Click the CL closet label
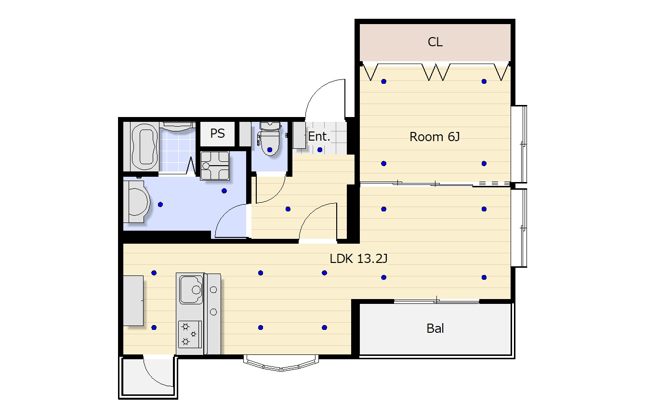coord(435,42)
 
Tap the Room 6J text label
coord(434,137)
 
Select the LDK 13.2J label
coord(358,259)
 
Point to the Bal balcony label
coord(435,328)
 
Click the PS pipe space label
coord(217,133)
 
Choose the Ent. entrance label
coord(319,136)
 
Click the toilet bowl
coord(269,139)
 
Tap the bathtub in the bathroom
coord(144,146)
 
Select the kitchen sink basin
coord(191,289)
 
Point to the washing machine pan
coord(215,166)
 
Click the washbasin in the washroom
coord(137,201)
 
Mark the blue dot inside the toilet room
coord(270,150)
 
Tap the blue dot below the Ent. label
coord(320,150)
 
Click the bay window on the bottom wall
coord(281,363)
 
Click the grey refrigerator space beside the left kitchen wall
coord(133,300)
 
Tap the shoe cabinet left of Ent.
coord(299,135)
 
